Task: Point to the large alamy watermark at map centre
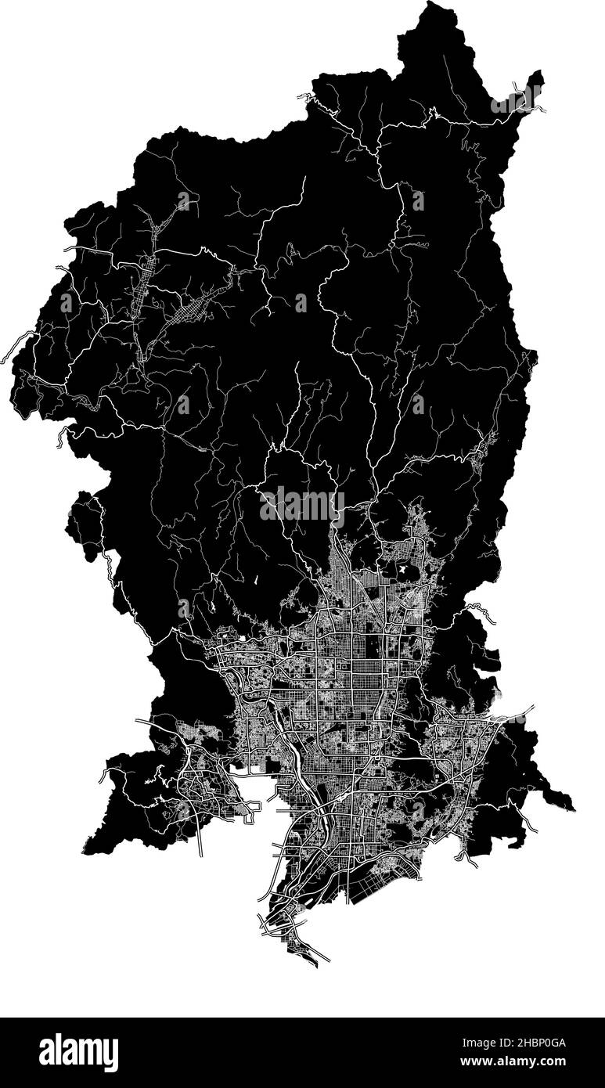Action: pyautogui.click(x=302, y=506)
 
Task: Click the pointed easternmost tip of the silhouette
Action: pyautogui.click(x=573, y=809)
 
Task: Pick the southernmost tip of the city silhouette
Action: pyautogui.click(x=315, y=965)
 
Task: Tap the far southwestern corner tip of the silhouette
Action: pyautogui.click(x=85, y=852)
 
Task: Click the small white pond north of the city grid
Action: pyautogui.click(x=404, y=571)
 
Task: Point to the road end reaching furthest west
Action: pyautogui.click(x=5, y=359)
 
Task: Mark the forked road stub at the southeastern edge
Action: pyautogui.click(x=468, y=860)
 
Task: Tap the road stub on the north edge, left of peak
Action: pyautogui.click(x=301, y=97)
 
